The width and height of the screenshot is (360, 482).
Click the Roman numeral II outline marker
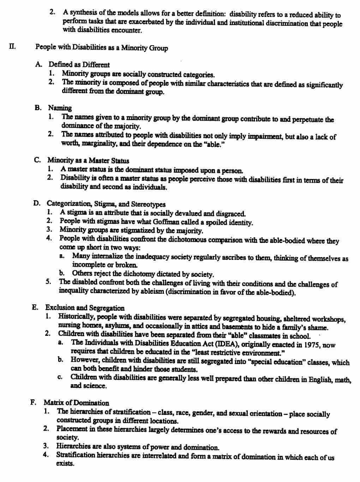click(12, 46)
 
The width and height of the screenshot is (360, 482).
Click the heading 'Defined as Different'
click(79, 65)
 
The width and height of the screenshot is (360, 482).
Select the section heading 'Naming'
click(60, 108)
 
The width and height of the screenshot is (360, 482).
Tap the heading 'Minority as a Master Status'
click(88, 160)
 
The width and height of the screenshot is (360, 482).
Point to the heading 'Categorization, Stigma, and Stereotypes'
click(106, 204)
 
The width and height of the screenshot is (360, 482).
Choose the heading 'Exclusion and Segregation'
click(85, 308)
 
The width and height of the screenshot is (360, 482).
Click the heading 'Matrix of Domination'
click(76, 403)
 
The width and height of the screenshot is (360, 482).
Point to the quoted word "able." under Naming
click(211, 144)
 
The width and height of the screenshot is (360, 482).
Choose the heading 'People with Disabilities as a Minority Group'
click(101, 47)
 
